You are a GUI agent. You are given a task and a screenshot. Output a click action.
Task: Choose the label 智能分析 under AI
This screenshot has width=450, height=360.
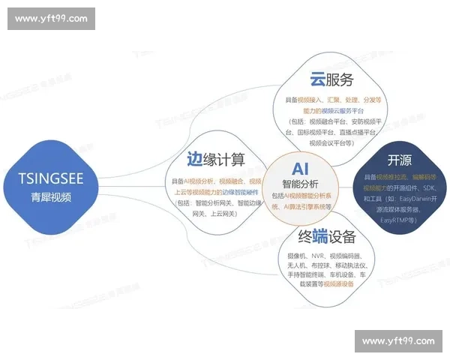point(300,183)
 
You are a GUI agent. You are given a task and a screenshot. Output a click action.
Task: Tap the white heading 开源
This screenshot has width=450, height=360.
point(399,160)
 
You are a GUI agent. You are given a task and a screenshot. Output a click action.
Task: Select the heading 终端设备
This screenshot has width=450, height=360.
point(326,238)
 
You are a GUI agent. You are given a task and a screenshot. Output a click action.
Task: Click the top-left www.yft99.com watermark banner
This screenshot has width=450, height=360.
point(51,19)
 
